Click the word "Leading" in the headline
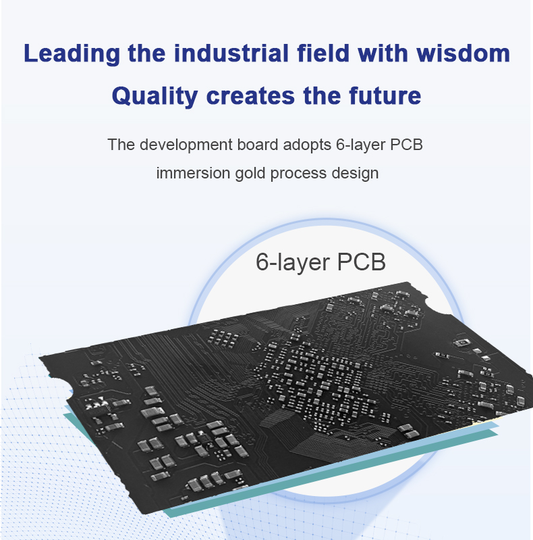coord(72,54)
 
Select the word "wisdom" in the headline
coord(464,53)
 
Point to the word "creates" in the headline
coord(250,96)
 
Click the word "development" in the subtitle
coord(186,145)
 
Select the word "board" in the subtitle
coord(258,145)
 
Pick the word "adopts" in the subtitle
coord(307,145)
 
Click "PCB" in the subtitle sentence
coord(405,145)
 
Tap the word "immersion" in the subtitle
coord(193,173)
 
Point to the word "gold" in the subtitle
coord(250,174)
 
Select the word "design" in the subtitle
coord(355,174)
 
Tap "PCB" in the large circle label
coord(361,262)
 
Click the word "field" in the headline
coord(323,53)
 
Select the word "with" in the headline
coord(383,53)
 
